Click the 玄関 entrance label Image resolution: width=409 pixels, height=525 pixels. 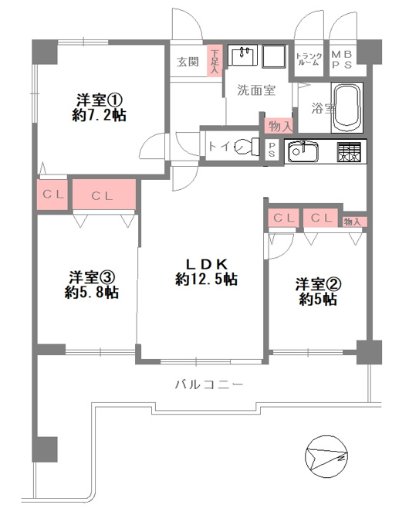point(188,62)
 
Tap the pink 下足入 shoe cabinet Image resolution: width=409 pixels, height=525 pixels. point(215,60)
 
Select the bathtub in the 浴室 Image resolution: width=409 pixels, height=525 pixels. point(346,107)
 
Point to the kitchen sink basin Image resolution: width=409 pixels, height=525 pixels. point(303,152)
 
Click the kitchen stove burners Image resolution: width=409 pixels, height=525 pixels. point(349,152)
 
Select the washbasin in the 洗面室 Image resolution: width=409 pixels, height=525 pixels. point(242,55)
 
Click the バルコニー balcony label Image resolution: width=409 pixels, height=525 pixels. point(209,384)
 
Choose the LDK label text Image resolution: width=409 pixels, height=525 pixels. point(207,265)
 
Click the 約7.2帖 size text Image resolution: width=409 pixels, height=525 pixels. point(99,116)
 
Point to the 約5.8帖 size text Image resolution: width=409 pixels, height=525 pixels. point(92,293)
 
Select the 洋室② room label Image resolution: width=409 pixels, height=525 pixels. point(318,285)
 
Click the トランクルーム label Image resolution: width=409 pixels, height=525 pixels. point(309,59)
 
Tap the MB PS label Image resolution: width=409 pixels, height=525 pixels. point(342,59)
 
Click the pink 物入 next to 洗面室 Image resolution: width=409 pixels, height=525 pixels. point(279,126)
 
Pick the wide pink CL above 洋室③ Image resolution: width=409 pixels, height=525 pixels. point(104,195)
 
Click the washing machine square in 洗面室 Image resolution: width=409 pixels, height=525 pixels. point(274,56)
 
